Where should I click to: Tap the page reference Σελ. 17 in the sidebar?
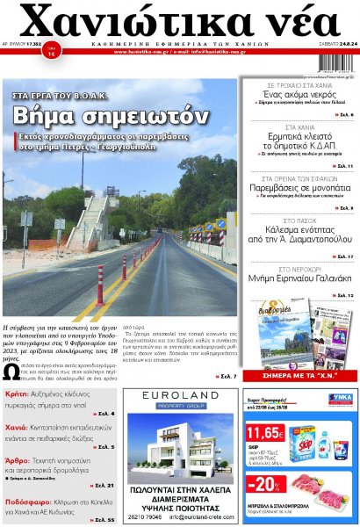pos(344,256)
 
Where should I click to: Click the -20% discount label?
pos(264,485)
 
